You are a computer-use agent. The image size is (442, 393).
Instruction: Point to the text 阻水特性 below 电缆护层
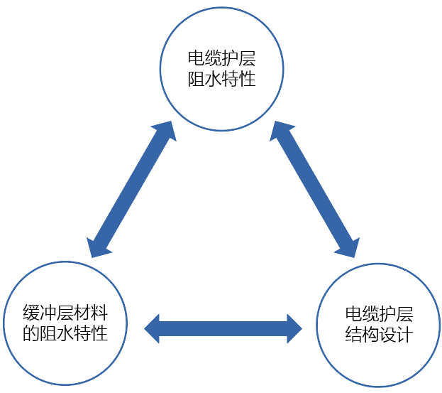click(x=221, y=79)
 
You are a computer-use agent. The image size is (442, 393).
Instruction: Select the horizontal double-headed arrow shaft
click(x=223, y=328)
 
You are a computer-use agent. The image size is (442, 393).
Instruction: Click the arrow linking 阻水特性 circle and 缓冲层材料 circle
click(x=132, y=189)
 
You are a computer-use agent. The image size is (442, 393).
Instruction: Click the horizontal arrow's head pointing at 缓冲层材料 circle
click(x=152, y=328)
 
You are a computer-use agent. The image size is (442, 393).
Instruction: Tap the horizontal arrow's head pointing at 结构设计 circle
click(x=294, y=328)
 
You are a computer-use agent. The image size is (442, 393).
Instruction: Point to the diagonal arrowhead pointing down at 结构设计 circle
click(x=348, y=245)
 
